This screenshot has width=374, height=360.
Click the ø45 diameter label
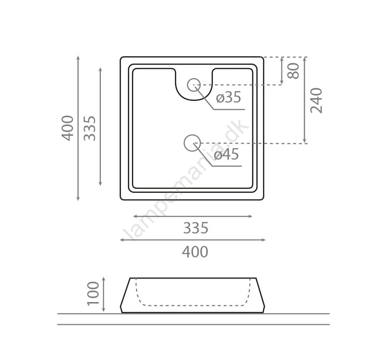click(226, 154)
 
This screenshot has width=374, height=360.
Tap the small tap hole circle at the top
click(193, 85)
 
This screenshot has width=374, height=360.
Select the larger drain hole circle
click(192, 143)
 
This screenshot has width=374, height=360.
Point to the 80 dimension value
click(293, 71)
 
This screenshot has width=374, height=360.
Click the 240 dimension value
click(316, 100)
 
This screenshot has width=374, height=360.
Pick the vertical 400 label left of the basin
click(68, 128)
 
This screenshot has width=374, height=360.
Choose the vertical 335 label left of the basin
click(90, 128)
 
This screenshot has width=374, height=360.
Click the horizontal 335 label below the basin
click(196, 228)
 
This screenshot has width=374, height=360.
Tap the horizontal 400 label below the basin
click(195, 252)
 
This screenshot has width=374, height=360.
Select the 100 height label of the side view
click(93, 293)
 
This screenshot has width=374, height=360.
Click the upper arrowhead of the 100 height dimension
click(104, 279)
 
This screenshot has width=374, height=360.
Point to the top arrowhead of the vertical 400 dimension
click(78, 58)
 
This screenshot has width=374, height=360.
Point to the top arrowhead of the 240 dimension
click(305, 59)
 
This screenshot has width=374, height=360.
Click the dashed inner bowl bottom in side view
click(193, 306)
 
